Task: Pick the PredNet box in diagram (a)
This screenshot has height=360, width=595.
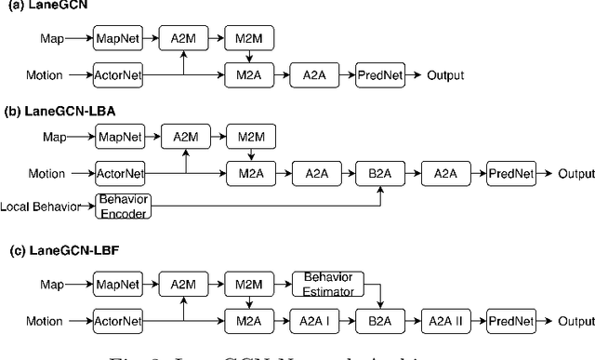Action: pos(380,74)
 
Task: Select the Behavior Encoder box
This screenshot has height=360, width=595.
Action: pos(124,207)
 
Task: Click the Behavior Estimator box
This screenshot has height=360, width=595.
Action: pos(329,284)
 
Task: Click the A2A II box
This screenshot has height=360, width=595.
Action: pos(443,321)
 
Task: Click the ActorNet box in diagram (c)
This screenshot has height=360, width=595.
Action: pos(117,321)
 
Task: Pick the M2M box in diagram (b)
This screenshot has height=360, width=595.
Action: pos(246,138)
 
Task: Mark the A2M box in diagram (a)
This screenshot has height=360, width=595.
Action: pos(183,39)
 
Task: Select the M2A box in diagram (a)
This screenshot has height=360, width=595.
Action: pos(246,74)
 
